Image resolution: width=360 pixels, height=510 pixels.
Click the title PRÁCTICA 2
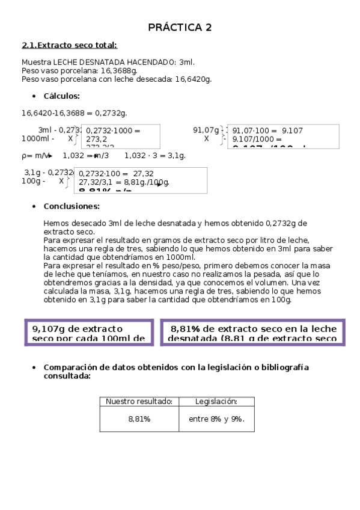pyautogui.click(x=180, y=28)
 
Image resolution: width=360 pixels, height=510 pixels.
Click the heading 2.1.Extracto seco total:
pyautogui.click(x=69, y=45)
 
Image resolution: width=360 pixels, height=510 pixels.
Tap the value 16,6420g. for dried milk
pyautogui.click(x=193, y=79)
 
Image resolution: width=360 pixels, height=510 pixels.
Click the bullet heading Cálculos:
pyautogui.click(x=62, y=96)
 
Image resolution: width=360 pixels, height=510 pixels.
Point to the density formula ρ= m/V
pyautogui.click(x=36, y=156)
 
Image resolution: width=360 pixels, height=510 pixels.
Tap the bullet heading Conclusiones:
pyautogui.click(x=72, y=206)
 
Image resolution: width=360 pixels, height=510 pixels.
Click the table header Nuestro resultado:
pyautogui.click(x=139, y=402)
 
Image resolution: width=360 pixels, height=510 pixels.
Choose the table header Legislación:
pyautogui.click(x=216, y=402)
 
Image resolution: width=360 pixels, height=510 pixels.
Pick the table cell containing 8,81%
pyautogui.click(x=139, y=419)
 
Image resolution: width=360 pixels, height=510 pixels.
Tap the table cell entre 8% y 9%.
pyautogui.click(x=216, y=419)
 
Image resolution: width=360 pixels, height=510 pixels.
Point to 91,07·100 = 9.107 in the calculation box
pyautogui.click(x=267, y=131)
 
